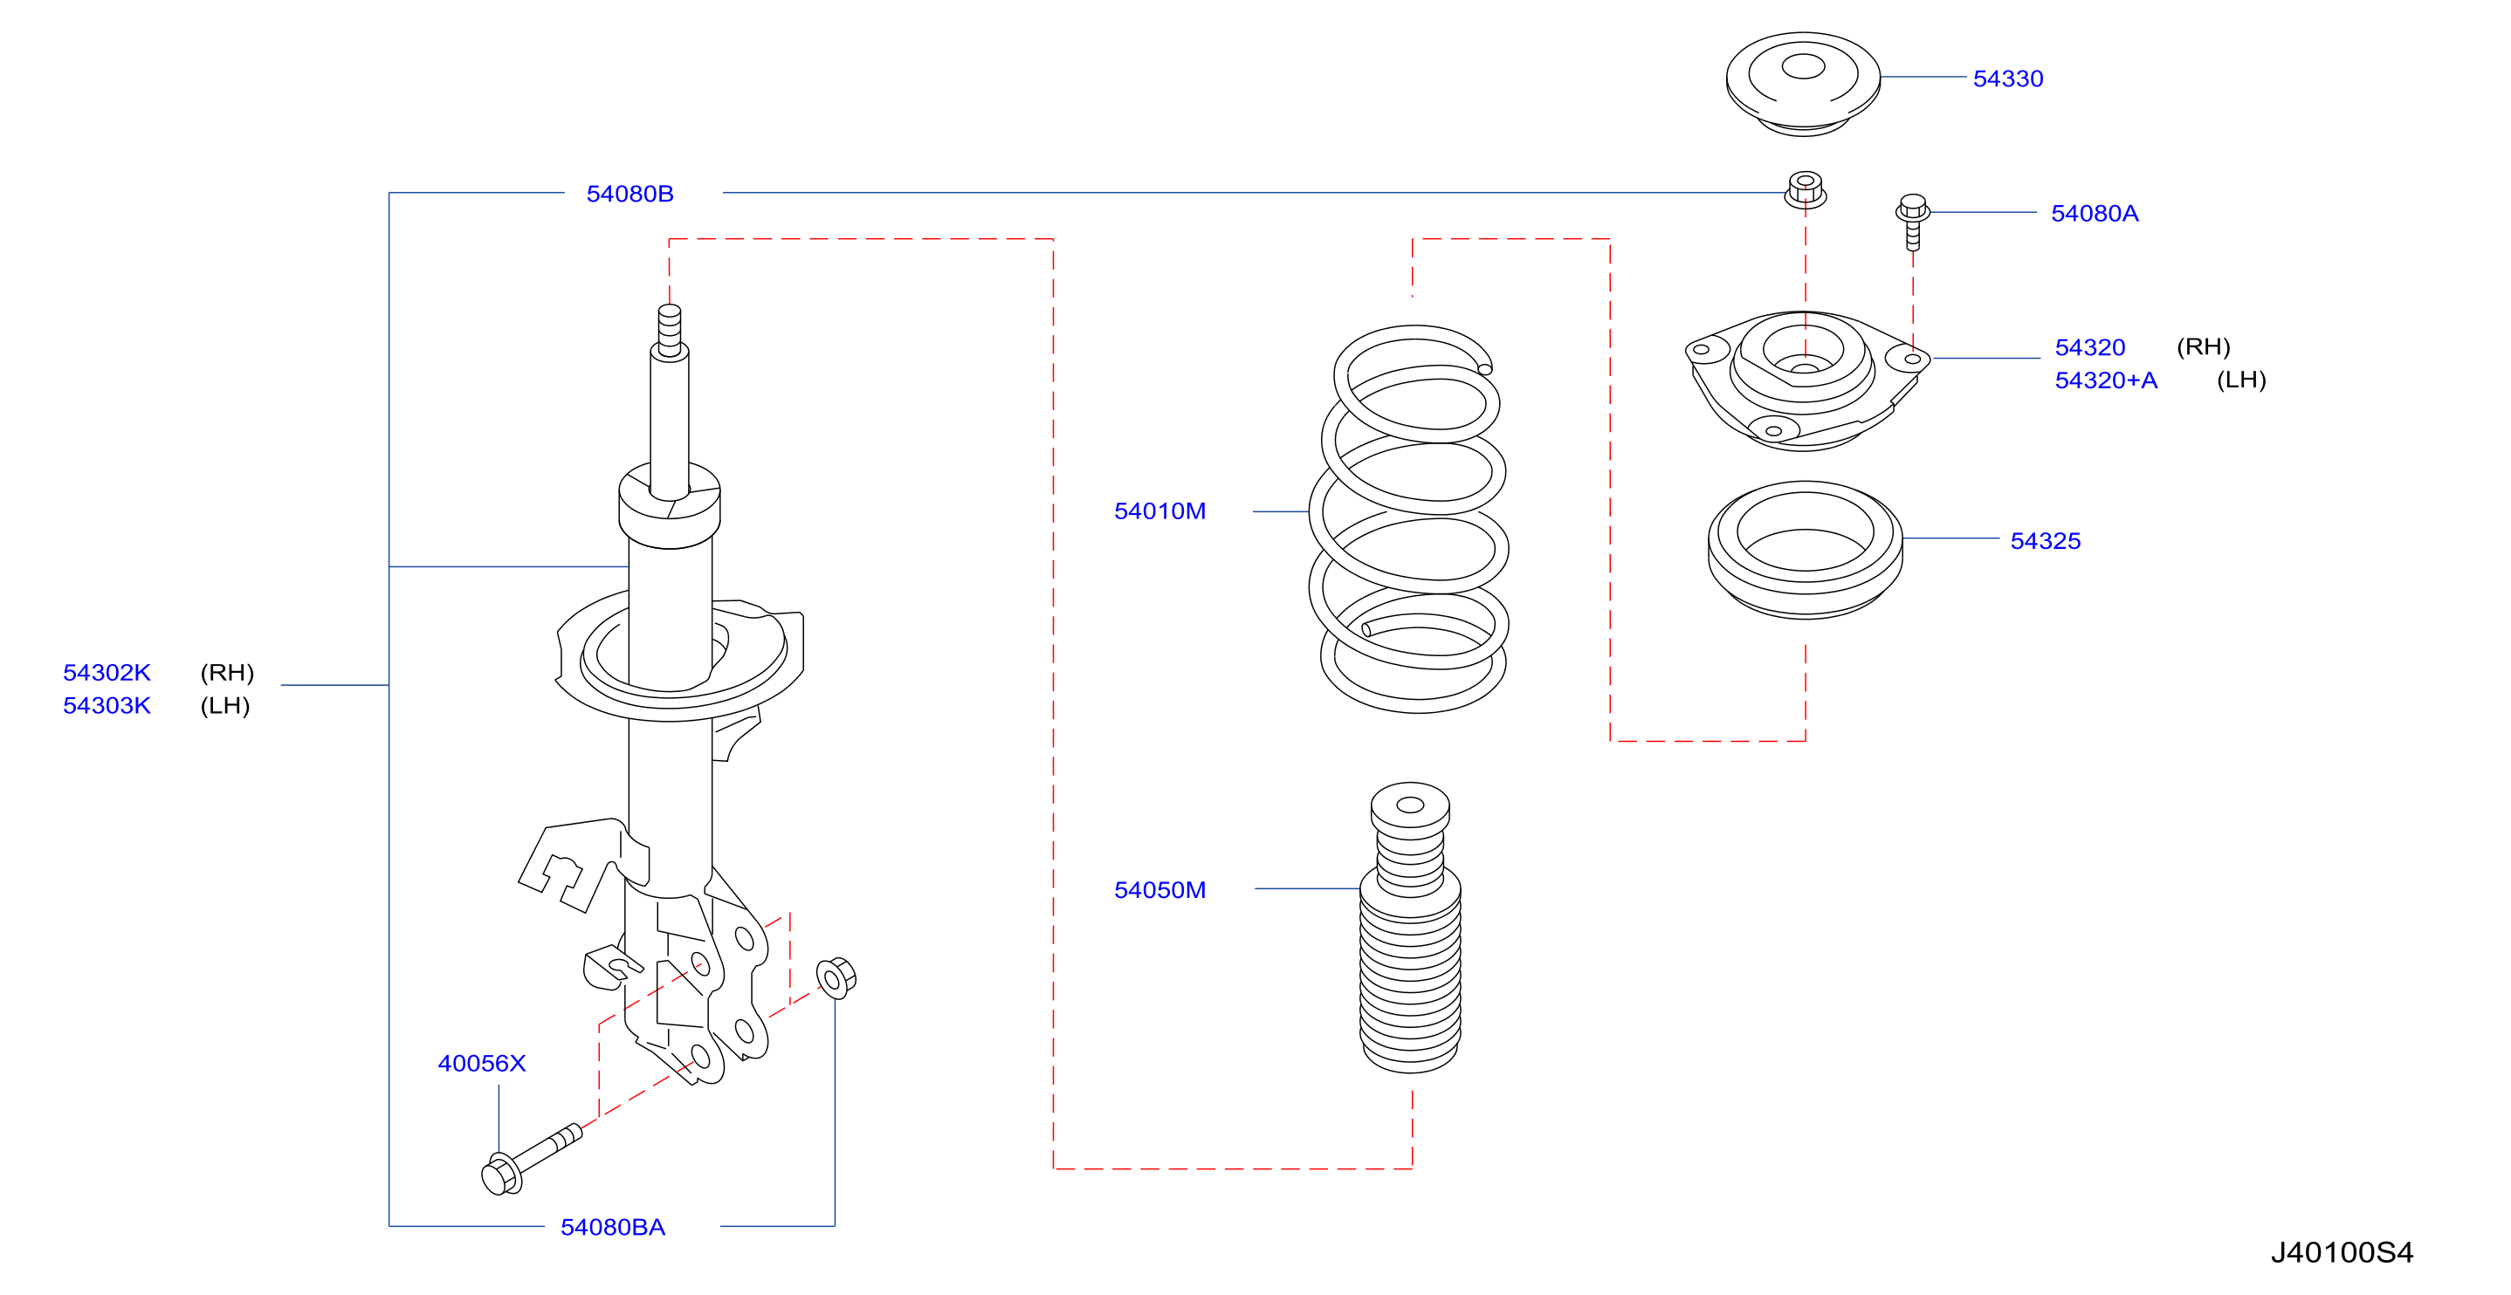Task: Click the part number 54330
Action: [2007, 79]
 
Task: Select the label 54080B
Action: [629, 194]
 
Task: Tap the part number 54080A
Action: [2094, 214]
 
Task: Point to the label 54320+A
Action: [2106, 380]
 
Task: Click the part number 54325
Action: [2045, 541]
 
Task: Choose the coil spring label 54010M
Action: [1160, 511]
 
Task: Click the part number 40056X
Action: [482, 1064]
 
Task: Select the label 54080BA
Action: [612, 1228]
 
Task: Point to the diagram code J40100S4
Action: [2342, 1253]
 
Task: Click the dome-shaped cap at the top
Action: [1802, 84]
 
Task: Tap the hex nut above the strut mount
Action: [1806, 190]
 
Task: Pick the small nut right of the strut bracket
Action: [836, 977]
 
